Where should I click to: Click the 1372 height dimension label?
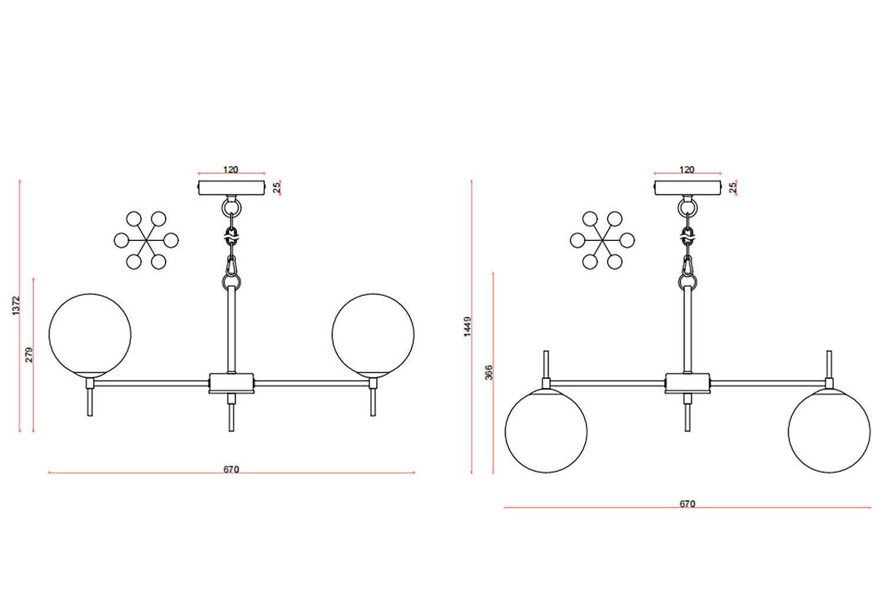point(16,305)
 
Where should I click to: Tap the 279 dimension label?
point(29,355)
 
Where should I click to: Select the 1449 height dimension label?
point(467,326)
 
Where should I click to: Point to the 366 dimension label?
point(489,372)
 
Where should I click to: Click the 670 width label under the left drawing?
point(231,469)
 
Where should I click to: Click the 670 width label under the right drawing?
point(687,504)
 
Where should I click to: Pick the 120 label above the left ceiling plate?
point(231,170)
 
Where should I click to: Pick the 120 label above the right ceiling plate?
point(687,170)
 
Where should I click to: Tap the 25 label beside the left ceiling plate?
point(277,187)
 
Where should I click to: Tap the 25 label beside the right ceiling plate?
point(733,187)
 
